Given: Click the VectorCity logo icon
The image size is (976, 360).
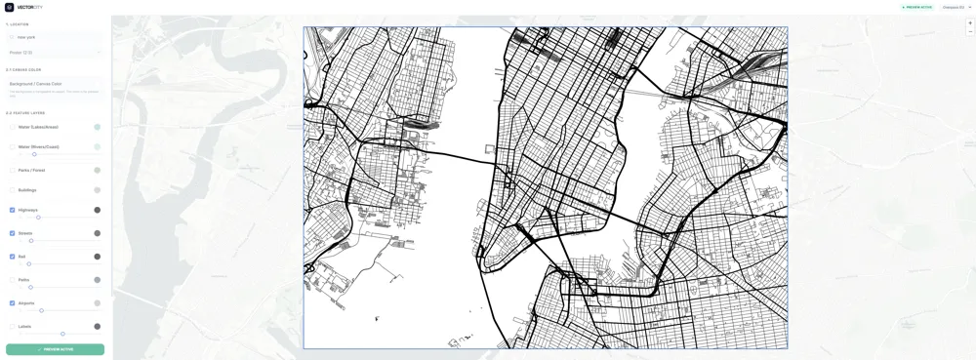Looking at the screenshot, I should [10, 7].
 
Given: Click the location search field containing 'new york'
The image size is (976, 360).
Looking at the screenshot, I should [55, 37].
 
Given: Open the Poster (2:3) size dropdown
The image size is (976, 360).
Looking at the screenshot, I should [55, 53].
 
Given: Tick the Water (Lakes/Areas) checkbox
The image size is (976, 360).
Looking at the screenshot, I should [13, 127].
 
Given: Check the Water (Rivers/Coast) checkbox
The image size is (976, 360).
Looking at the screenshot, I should [13, 147].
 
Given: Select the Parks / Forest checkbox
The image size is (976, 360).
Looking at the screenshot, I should [13, 170].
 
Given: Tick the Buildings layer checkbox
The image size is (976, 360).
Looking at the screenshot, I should [13, 190].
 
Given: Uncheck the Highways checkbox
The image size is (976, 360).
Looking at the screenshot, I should [13, 210].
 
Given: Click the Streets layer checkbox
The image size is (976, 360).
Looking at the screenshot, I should [13, 233].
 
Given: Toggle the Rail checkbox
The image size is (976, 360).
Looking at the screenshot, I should [13, 257].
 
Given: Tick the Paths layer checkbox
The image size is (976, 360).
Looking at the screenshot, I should [13, 280].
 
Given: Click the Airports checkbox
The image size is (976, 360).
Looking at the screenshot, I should [13, 303].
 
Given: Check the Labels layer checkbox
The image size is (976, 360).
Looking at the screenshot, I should [13, 327].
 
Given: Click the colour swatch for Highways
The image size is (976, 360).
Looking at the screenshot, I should [98, 210].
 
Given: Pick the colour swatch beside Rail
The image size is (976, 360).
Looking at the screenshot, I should [98, 257].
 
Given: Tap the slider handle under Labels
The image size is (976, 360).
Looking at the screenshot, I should [62, 335].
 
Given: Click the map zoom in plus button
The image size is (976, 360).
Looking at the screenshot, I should [970, 22].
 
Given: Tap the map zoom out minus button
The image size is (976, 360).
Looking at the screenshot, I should [970, 31].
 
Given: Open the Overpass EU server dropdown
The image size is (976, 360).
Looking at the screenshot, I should [956, 7].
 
